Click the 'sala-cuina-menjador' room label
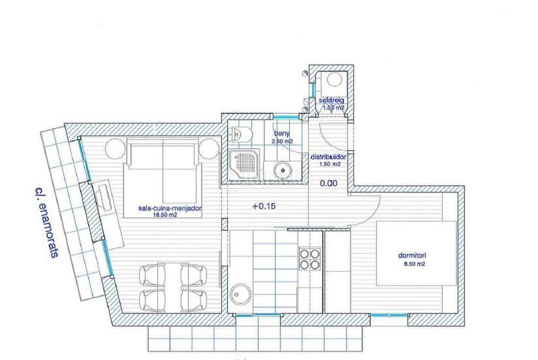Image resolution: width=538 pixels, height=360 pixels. (x=170, y=209)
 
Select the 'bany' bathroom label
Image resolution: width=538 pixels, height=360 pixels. (x=281, y=133)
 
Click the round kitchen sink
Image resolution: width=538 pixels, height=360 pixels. (x=240, y=294)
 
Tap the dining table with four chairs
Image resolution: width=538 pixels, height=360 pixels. (x=171, y=286)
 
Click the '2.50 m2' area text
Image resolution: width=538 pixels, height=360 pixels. (x=282, y=142)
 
